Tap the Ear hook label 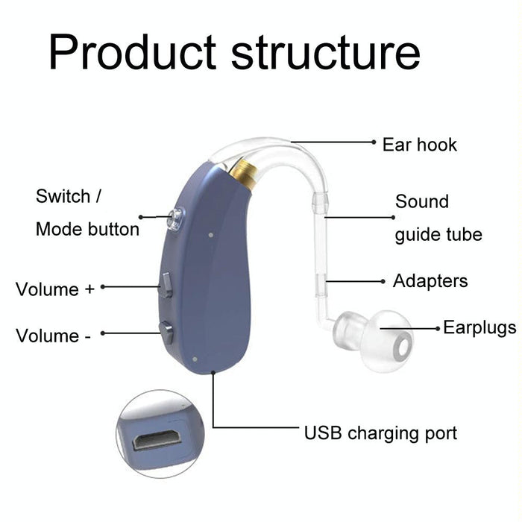[419, 144]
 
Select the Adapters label [430, 281]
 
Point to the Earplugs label [479, 327]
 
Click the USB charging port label [380, 433]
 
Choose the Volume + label [55, 289]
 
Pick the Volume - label [52, 336]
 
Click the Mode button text [87, 229]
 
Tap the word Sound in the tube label [422, 202]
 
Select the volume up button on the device [166, 284]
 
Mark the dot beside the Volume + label [103, 286]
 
